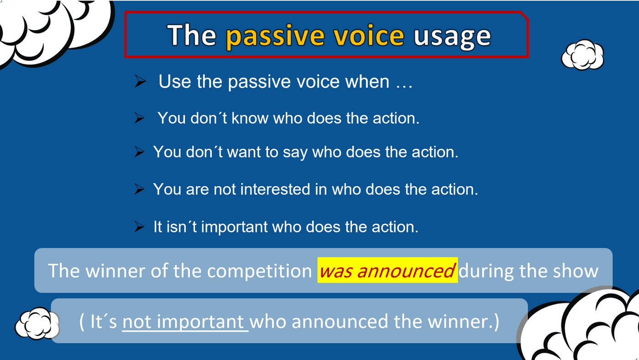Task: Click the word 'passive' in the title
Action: click(275, 37)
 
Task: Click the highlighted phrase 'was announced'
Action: click(388, 270)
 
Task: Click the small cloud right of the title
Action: click(582, 55)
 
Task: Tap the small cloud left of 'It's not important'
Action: click(37, 323)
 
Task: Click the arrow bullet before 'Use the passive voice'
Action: click(140, 81)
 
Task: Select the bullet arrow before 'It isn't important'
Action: click(139, 227)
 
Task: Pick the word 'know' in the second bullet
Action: click(250, 118)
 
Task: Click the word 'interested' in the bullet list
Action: click(275, 189)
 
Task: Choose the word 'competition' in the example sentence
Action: click(259, 271)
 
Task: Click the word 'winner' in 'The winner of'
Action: click(115, 271)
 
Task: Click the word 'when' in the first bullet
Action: click(367, 82)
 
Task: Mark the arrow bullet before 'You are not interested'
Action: click(139, 189)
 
